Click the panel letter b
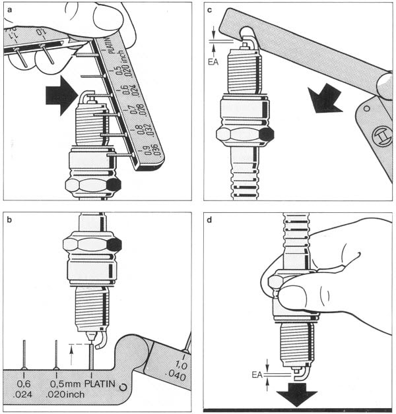(9, 218)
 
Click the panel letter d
(211, 218)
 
